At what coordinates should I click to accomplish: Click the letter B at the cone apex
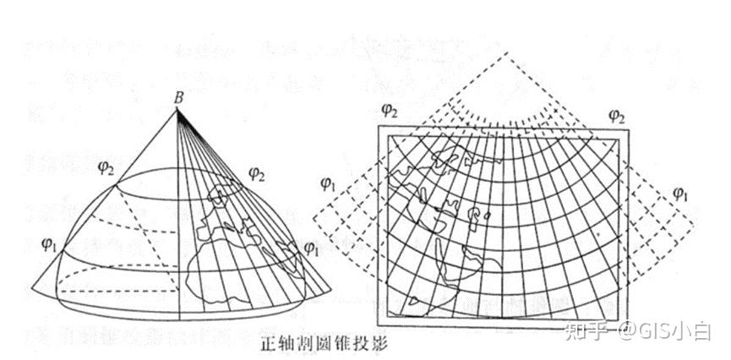point(179,98)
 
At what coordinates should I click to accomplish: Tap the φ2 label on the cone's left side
point(106,168)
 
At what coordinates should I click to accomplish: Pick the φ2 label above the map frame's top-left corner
point(390,109)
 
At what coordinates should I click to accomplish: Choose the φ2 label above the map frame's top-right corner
point(617,115)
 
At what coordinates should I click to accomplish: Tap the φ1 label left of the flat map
point(329,182)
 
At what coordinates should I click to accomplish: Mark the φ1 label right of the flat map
point(681,194)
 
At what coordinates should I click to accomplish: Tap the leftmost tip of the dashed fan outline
point(314,218)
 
